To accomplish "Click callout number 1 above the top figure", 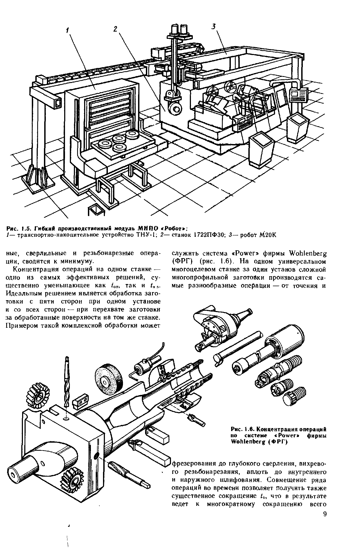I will point(68,32).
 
